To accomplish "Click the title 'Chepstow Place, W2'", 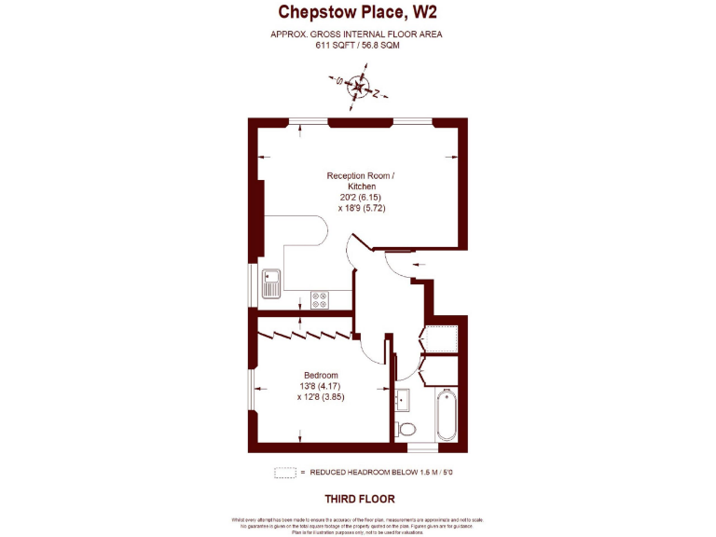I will (x=357, y=12).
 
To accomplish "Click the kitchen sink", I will (x=271, y=282).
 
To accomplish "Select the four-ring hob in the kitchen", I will (x=320, y=300).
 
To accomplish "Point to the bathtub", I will (x=445, y=414).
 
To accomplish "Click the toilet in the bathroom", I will (x=406, y=429).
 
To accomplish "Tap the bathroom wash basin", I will (x=404, y=400).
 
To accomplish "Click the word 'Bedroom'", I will (x=321, y=375).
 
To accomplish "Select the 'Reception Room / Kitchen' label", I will (x=360, y=181).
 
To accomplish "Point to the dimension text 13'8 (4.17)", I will (x=321, y=386).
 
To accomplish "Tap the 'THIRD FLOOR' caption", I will (x=359, y=499).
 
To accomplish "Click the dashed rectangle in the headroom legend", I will (x=284, y=473).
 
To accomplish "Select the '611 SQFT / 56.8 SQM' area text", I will (x=357, y=45).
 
